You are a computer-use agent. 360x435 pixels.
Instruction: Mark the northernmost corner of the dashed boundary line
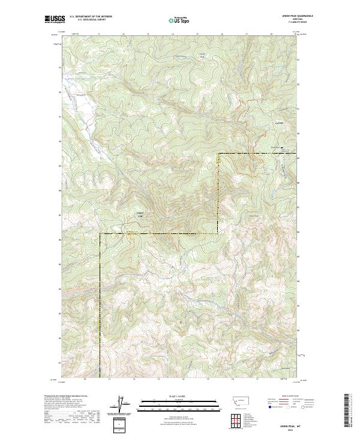click(x=218, y=154)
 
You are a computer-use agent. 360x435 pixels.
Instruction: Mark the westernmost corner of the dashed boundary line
click(x=100, y=233)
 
